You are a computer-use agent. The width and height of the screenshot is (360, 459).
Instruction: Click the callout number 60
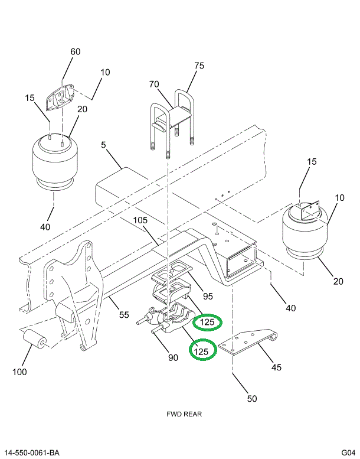[75, 52]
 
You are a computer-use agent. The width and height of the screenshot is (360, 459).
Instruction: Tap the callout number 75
[199, 66]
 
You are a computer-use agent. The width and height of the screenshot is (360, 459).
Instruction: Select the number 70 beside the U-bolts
[154, 84]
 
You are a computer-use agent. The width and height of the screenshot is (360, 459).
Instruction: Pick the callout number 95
[208, 296]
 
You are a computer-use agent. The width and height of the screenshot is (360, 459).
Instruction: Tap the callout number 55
[123, 315]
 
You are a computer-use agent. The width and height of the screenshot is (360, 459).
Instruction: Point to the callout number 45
[276, 367]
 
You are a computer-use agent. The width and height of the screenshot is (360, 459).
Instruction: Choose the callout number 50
[252, 399]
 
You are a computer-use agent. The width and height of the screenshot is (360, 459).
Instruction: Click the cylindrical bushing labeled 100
[33, 341]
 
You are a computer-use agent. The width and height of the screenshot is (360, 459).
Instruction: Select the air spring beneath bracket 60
[54, 162]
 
